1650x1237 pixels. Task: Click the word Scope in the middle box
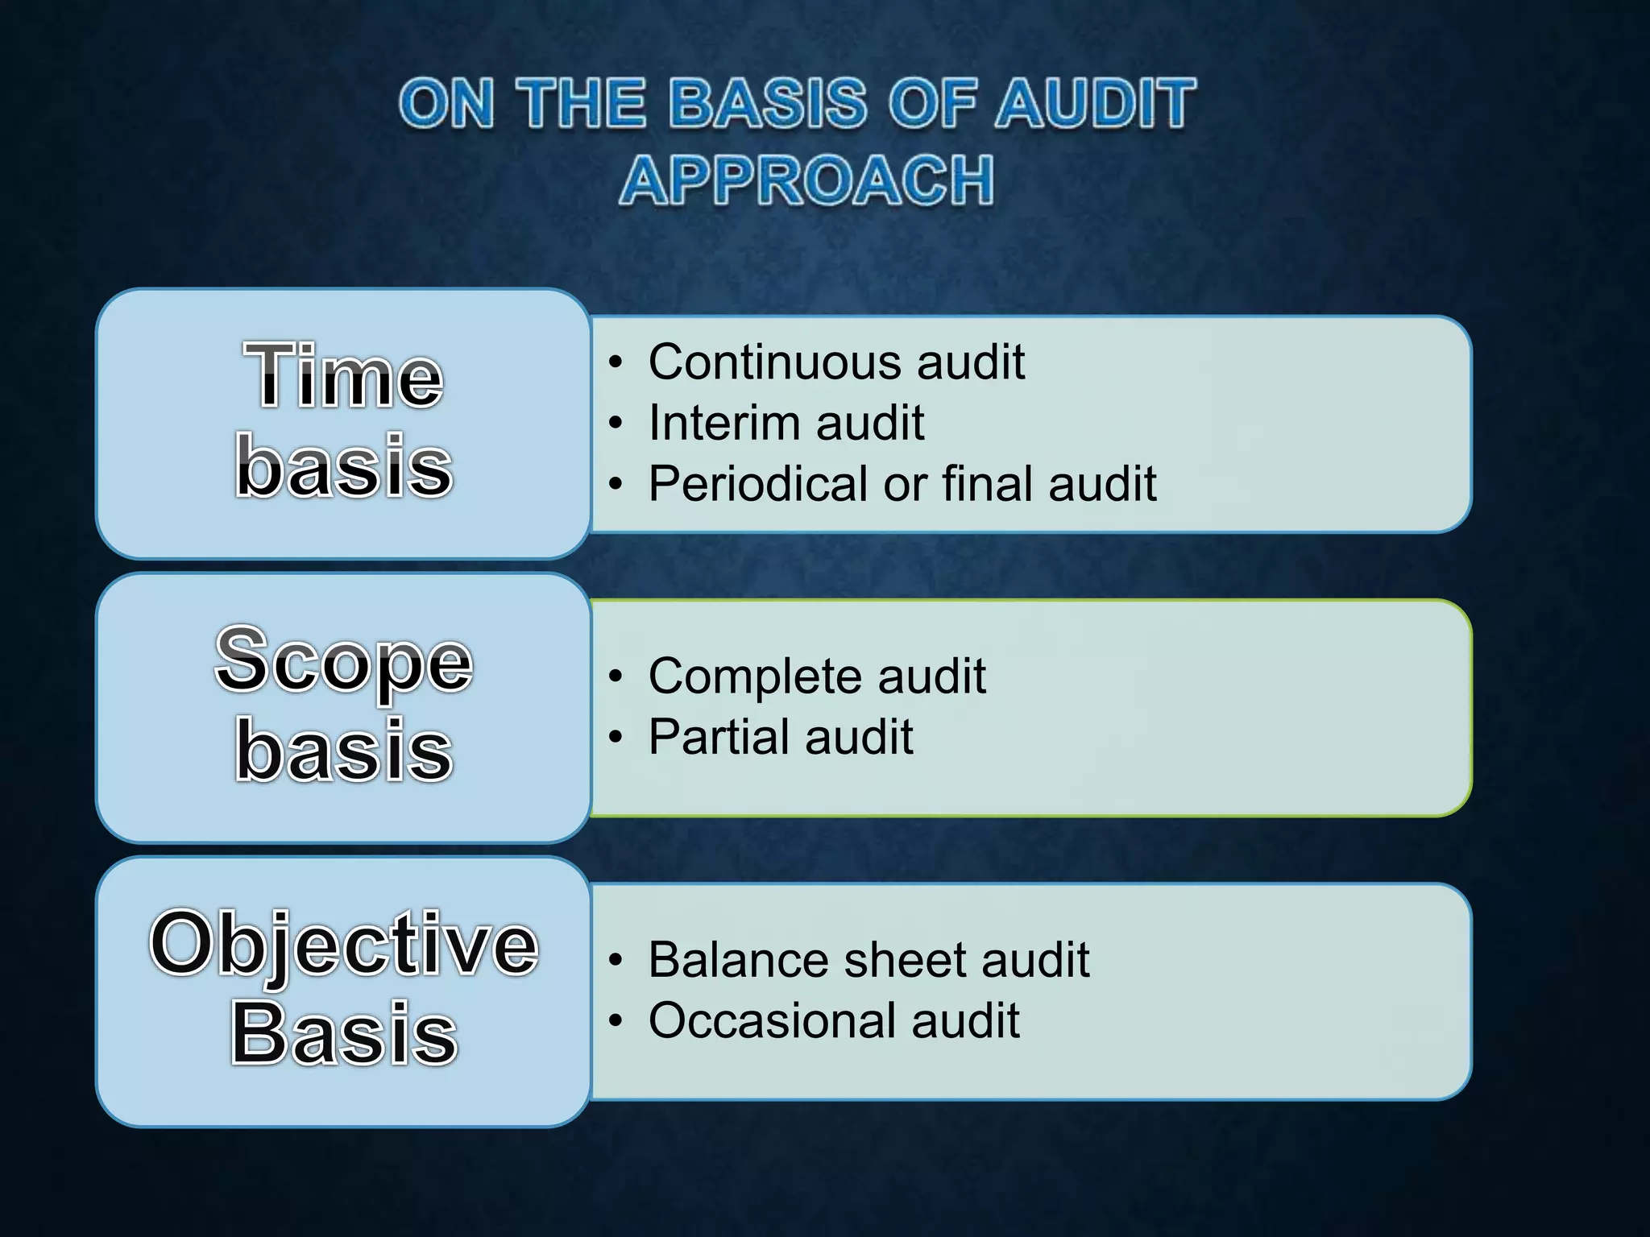coord(344,660)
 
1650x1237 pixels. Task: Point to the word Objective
coord(344,944)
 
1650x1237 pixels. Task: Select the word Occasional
coord(769,1021)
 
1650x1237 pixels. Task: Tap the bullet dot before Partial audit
coord(616,738)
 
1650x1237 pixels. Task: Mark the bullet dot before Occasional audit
coord(616,1022)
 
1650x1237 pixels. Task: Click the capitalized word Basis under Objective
coord(344,1034)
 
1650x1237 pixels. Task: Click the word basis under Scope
coord(344,751)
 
